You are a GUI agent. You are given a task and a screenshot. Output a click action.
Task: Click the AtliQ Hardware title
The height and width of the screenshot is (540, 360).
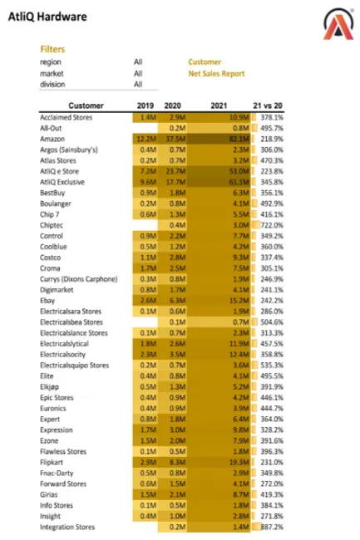tap(50, 16)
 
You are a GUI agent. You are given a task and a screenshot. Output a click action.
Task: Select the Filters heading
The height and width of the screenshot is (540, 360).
tap(52, 49)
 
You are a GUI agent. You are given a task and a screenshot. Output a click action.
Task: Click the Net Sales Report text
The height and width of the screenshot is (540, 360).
tap(216, 73)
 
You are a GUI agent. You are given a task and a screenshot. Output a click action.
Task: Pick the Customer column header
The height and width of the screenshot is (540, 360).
tap(86, 106)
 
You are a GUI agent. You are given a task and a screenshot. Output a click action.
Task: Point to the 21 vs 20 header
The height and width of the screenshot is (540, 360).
tap(267, 106)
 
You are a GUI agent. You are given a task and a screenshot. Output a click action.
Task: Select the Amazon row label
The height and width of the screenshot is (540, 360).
tap(53, 138)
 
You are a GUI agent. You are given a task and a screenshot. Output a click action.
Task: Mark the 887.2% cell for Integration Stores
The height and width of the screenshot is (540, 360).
tap(268, 527)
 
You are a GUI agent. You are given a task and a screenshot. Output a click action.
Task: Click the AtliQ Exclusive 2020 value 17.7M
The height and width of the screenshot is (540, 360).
tap(175, 181)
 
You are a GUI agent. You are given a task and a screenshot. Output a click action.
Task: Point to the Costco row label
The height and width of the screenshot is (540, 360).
tap(52, 257)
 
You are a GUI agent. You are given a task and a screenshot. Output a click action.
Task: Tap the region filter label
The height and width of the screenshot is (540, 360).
tap(51, 61)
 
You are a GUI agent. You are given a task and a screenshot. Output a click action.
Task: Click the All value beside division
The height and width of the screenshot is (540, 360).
tap(138, 84)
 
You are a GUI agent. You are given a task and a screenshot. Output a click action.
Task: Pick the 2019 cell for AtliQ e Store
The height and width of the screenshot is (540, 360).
tap(147, 170)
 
